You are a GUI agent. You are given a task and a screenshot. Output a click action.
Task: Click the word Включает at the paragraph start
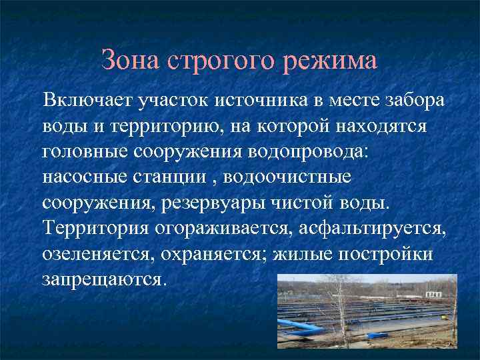tap(87, 101)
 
